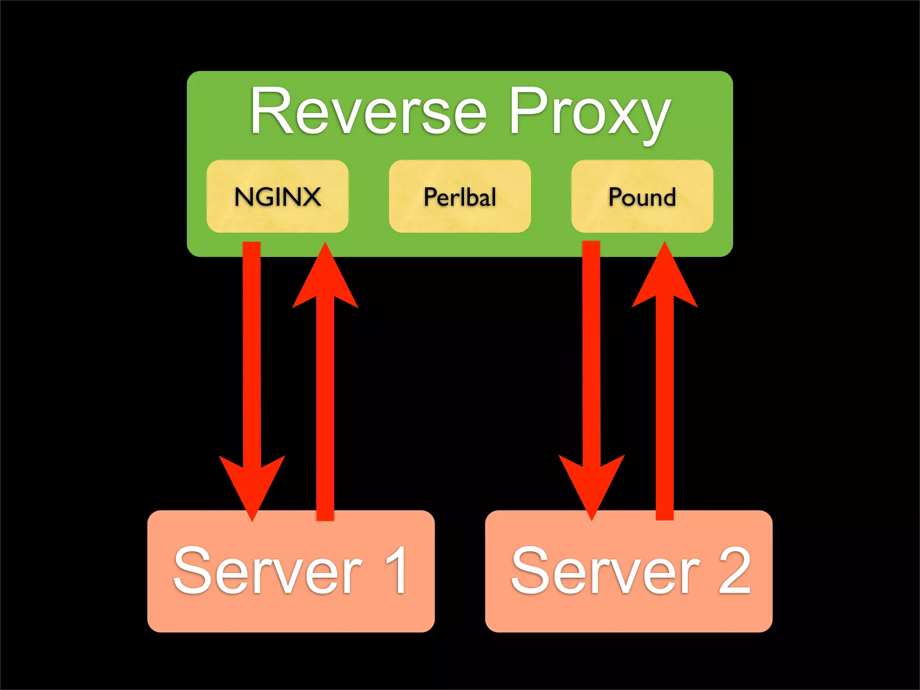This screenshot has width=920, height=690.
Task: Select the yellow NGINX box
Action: click(x=277, y=196)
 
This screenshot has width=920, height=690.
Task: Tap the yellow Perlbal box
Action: click(x=460, y=196)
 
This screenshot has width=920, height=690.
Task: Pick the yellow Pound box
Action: click(x=642, y=196)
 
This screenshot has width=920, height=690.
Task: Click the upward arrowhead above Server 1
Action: click(x=325, y=279)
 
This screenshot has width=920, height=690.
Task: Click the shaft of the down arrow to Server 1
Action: click(x=252, y=359)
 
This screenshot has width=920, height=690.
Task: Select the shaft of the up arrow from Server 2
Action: click(x=664, y=404)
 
